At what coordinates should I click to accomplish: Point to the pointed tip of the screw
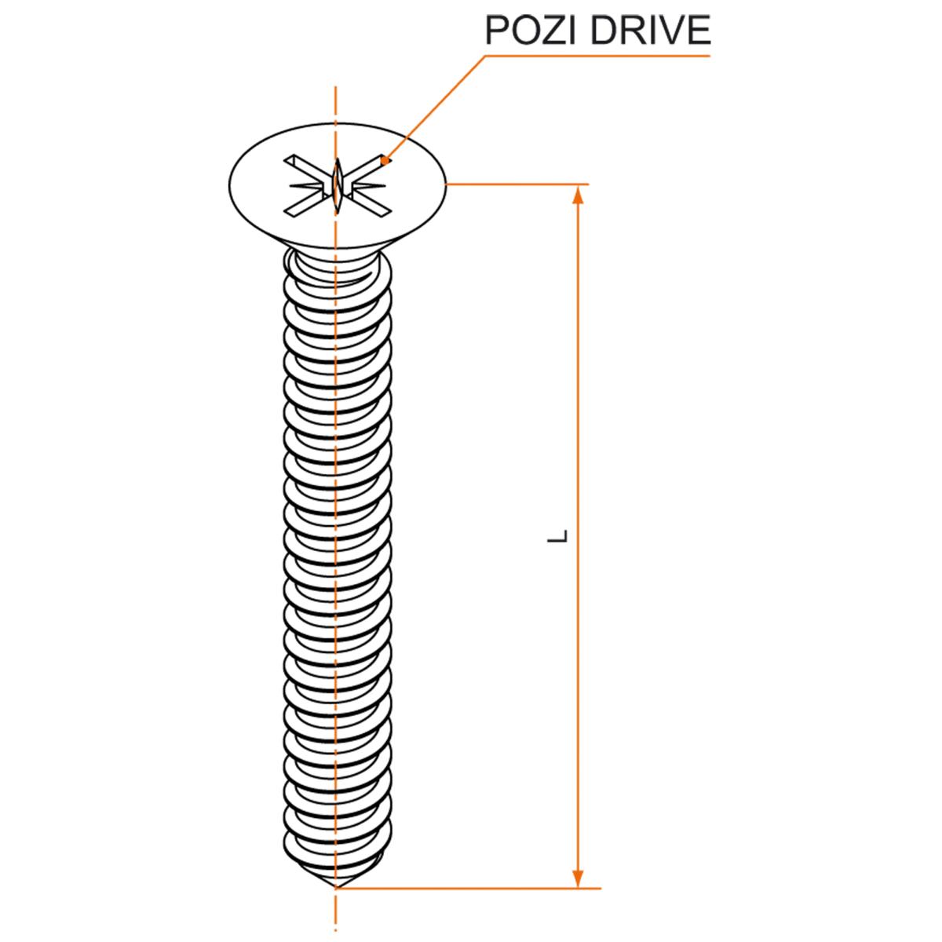(336, 886)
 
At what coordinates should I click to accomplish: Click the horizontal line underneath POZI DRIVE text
(597, 56)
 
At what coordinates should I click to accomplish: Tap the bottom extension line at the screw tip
(471, 889)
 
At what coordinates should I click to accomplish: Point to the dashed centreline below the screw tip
(336, 915)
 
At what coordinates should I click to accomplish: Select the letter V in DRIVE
(672, 31)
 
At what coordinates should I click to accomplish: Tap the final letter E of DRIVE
(698, 31)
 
